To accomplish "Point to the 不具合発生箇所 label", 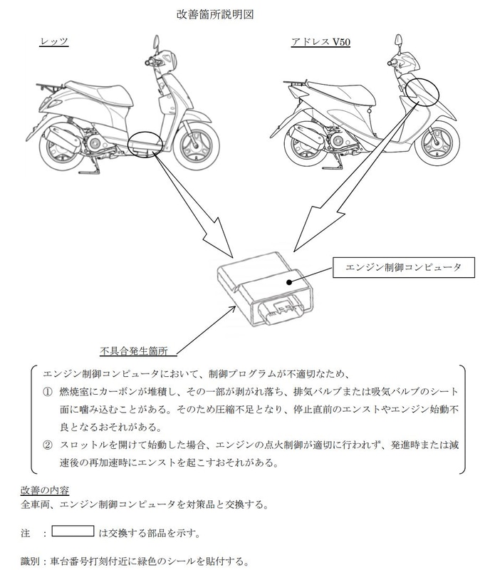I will click(x=133, y=350).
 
